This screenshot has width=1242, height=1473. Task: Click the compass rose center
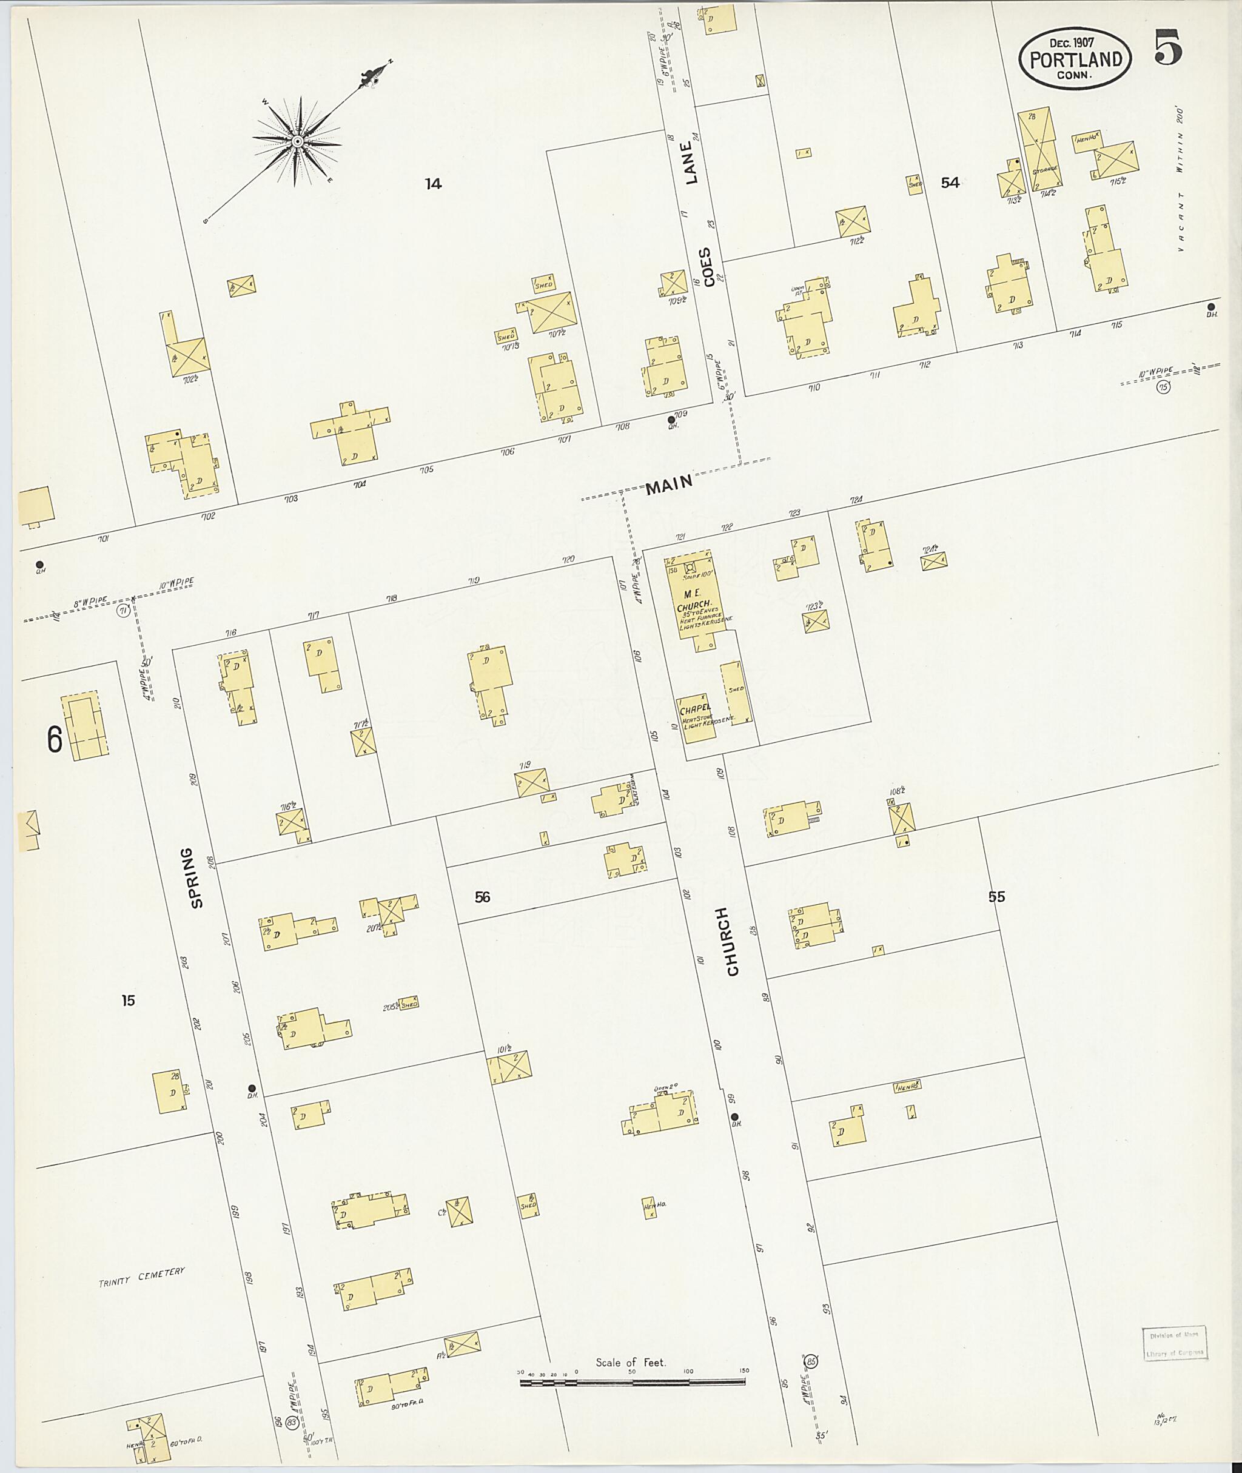click(298, 143)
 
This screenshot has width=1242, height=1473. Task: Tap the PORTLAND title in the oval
click(1075, 60)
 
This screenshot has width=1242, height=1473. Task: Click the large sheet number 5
click(1167, 47)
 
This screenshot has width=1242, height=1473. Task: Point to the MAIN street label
click(670, 485)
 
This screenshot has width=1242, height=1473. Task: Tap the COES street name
click(706, 263)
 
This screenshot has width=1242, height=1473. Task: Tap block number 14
click(433, 184)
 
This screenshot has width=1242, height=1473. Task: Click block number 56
click(482, 897)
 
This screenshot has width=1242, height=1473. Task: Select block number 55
click(996, 896)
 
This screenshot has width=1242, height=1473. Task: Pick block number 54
click(950, 183)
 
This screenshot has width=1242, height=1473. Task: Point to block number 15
click(127, 1000)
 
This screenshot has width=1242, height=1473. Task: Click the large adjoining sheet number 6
click(54, 740)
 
